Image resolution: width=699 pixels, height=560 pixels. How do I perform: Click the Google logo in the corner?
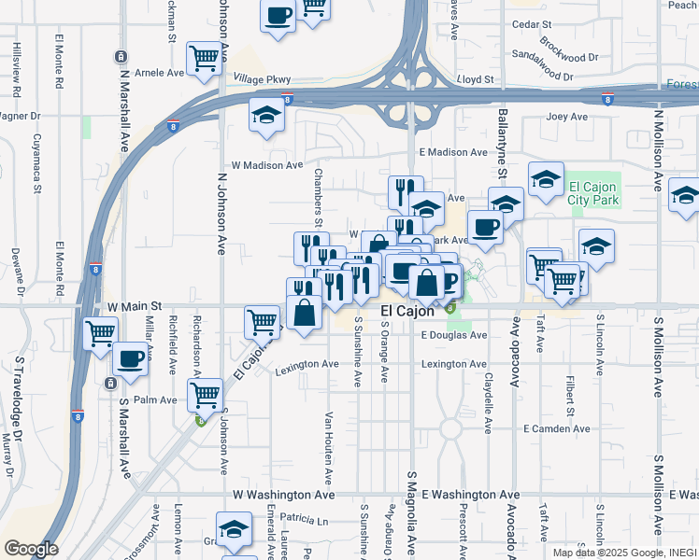(x=31, y=549)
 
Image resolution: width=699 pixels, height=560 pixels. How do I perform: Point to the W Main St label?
(x=135, y=305)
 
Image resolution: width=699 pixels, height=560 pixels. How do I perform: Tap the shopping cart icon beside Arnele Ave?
(x=203, y=58)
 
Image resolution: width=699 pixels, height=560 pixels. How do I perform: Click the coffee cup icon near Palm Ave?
(x=131, y=357)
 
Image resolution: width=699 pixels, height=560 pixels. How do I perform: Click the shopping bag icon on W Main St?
(x=305, y=313)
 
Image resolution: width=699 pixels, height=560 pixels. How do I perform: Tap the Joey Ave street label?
(x=566, y=117)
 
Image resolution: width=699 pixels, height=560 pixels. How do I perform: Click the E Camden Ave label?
(x=557, y=428)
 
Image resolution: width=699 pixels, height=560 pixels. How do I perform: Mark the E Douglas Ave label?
(x=454, y=335)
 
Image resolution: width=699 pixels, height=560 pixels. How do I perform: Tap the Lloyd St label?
(x=475, y=80)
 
